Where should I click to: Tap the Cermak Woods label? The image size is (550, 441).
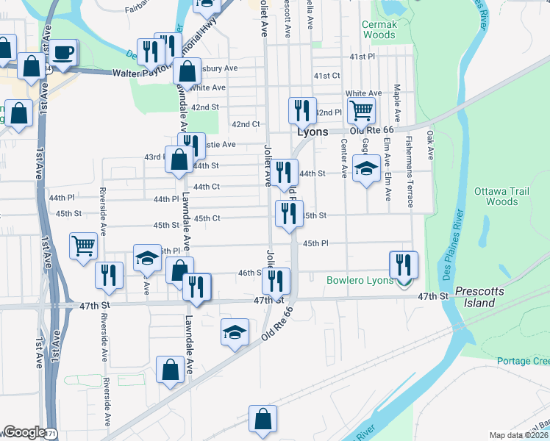click(379, 29)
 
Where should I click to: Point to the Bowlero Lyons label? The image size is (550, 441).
click(360, 280)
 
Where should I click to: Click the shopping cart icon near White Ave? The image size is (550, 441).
click(361, 110)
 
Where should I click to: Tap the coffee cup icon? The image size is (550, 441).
click(64, 52)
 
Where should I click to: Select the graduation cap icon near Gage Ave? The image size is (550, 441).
click(366, 169)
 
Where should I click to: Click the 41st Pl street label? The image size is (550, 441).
click(362, 57)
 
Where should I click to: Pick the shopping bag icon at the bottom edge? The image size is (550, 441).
click(262, 419)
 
